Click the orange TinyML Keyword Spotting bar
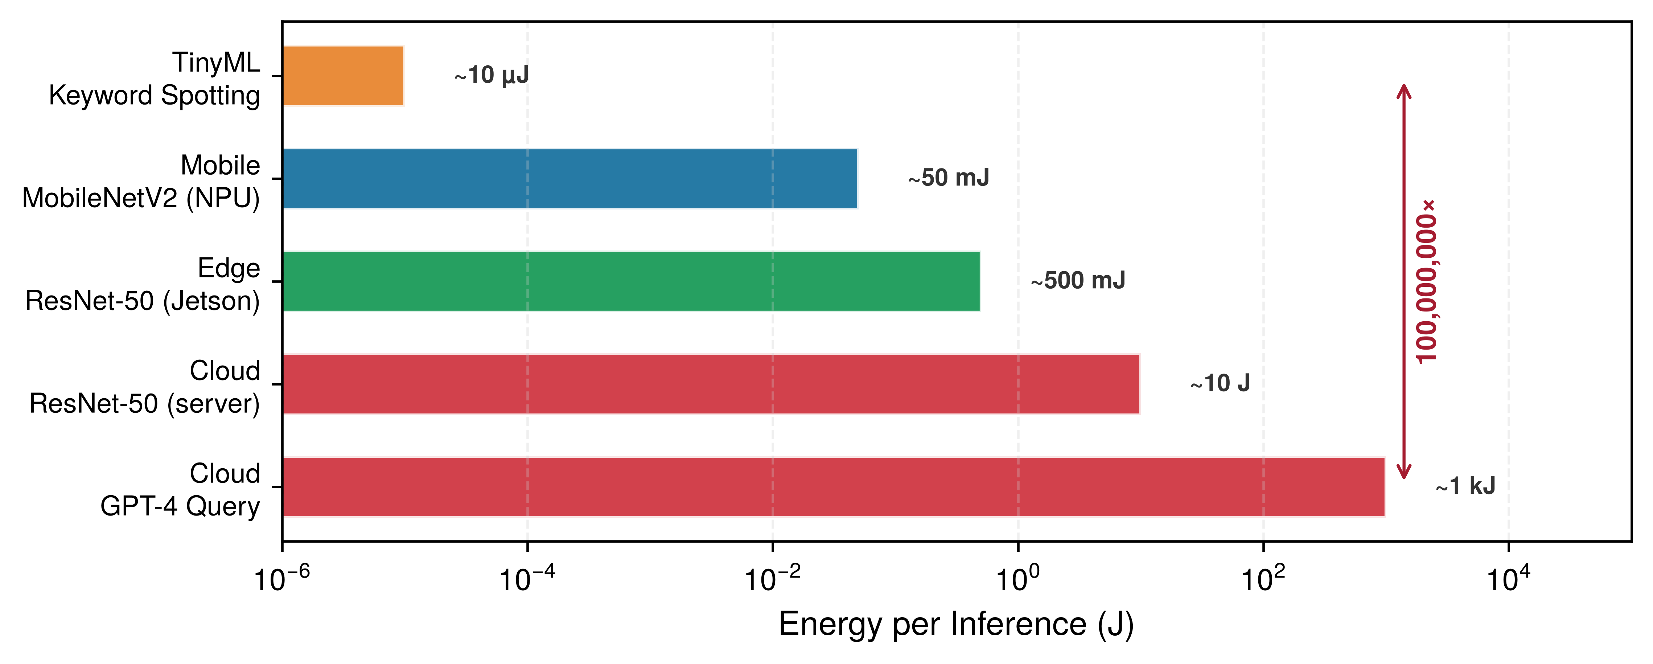point(343,76)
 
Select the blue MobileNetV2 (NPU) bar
point(570,179)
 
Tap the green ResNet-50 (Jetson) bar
point(632,281)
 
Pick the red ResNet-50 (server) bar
point(711,384)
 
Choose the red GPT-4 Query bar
point(834,487)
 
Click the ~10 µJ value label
point(492,75)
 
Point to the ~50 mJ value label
point(949,178)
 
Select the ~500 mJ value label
point(1078,281)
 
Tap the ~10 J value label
point(1220,383)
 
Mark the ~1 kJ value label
point(1465,486)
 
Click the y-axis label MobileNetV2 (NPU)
point(141,199)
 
